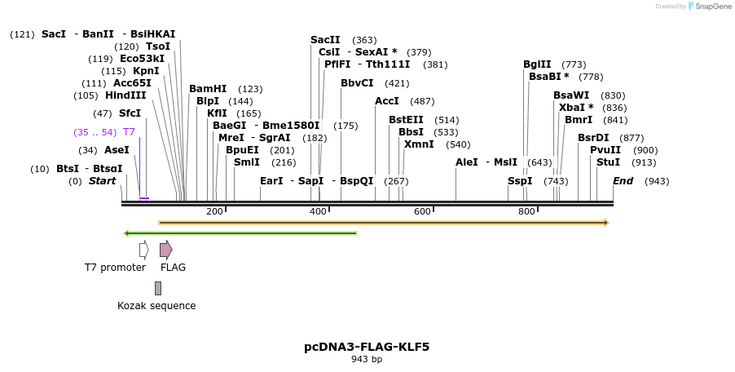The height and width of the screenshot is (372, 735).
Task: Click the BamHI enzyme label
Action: click(208, 89)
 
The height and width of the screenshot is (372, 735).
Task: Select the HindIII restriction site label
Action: click(125, 95)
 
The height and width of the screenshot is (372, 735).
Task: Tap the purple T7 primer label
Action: click(129, 131)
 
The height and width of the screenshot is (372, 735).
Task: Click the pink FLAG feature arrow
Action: click(165, 250)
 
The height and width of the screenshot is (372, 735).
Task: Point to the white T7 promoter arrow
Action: click(143, 250)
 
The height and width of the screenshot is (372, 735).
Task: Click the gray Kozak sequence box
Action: click(158, 288)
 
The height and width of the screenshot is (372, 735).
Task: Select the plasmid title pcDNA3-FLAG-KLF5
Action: click(367, 347)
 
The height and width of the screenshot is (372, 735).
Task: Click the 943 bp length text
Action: click(367, 359)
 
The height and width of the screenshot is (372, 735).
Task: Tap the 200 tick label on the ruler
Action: click(214, 212)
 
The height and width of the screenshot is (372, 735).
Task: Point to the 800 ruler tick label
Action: click(526, 212)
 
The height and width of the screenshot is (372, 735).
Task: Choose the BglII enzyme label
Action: click(537, 64)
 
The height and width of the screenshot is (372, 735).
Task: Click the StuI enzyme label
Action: click(608, 162)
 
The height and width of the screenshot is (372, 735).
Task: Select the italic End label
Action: click(623, 181)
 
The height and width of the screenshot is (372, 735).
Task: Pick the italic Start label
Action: click(103, 181)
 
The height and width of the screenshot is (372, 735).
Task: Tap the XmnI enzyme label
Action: click(419, 144)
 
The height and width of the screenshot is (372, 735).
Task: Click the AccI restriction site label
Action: click(387, 101)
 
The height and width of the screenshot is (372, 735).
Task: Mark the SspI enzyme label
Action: click(520, 181)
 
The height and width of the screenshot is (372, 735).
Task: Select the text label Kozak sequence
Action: click(156, 306)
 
